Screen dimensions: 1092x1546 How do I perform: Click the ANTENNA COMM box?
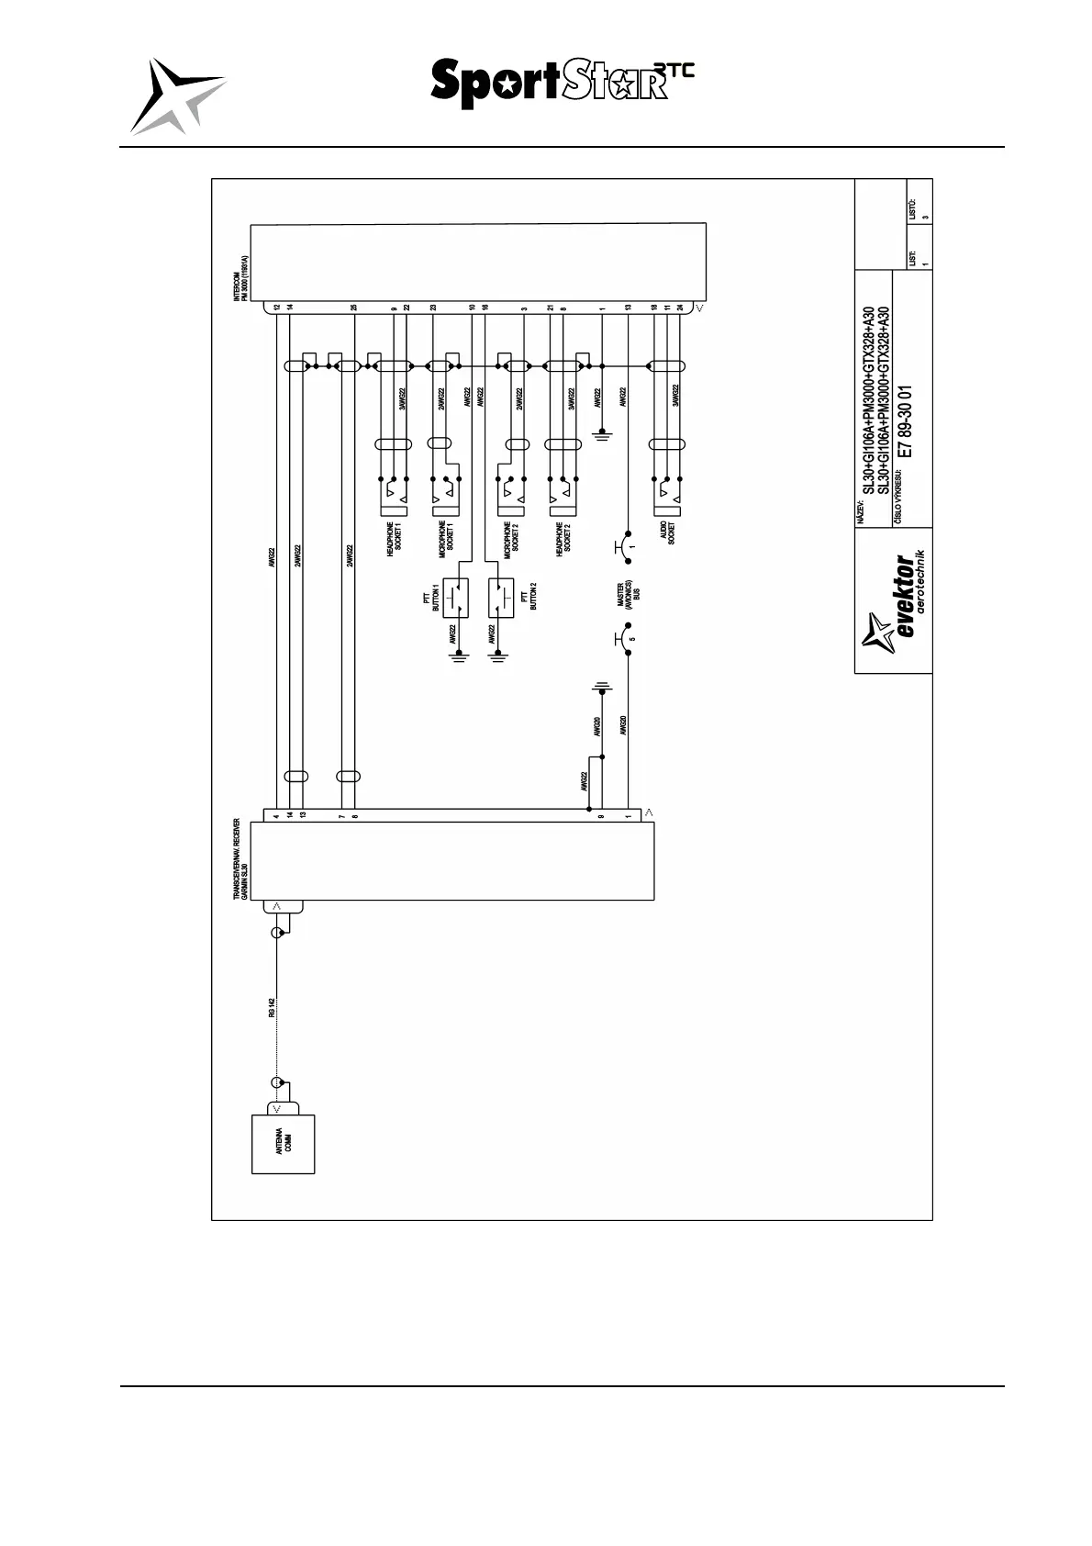click(x=284, y=1144)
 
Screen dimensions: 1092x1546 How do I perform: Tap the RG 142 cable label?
click(x=273, y=1007)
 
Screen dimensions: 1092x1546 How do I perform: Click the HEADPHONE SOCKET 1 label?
click(x=394, y=539)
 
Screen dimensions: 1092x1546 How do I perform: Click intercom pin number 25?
click(x=354, y=308)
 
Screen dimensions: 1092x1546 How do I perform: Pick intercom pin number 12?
click(x=276, y=308)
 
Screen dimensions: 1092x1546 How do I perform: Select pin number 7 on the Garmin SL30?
click(x=341, y=815)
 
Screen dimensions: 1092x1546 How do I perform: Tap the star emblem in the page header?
click(x=176, y=95)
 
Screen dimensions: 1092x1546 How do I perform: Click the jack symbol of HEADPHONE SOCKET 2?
click(x=562, y=499)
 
